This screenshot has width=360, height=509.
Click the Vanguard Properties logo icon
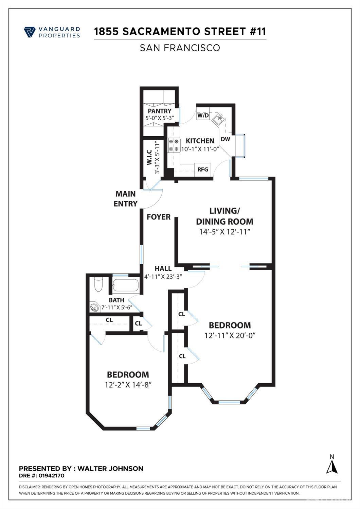[x=30, y=32]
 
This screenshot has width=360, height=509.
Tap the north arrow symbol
[x=332, y=465]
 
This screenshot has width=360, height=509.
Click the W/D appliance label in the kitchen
[x=203, y=116]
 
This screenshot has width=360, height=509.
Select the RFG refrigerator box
[x=203, y=169]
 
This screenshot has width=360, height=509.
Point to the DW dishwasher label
[x=225, y=139]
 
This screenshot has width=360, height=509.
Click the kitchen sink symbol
[x=218, y=119]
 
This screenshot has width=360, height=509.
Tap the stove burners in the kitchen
[x=174, y=145]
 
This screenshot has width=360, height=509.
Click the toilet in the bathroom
[x=98, y=285]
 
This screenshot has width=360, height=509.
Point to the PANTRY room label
[x=159, y=111]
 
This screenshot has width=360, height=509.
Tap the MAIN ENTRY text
[x=125, y=199]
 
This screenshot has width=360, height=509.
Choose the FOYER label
[x=158, y=217]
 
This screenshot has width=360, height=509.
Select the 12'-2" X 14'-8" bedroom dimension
[x=128, y=385]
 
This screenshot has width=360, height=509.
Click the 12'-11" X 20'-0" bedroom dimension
[x=230, y=335]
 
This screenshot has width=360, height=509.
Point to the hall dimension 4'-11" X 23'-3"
[x=163, y=276]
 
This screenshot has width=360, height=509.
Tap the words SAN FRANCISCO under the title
[x=180, y=48]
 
